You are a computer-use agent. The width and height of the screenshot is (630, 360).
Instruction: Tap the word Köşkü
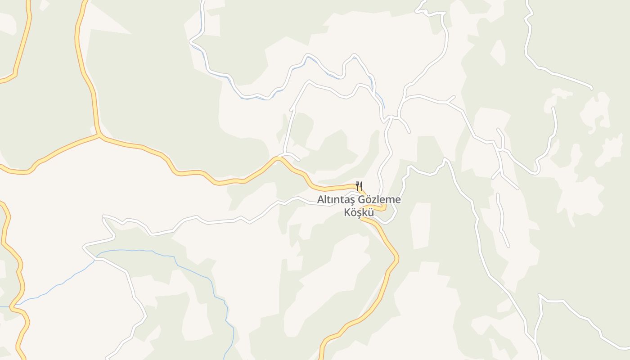[359, 212]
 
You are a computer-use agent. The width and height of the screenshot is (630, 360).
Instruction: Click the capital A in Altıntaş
[320, 200]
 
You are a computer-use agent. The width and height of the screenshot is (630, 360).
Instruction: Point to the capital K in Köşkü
[347, 212]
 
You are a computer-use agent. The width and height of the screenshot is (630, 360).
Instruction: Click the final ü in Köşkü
[370, 212]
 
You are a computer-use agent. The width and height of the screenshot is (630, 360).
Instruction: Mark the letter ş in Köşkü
[359, 213]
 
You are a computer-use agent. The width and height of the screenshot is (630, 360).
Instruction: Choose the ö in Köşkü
[353, 212]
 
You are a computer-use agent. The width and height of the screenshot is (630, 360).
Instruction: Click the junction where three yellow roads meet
[99, 135]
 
